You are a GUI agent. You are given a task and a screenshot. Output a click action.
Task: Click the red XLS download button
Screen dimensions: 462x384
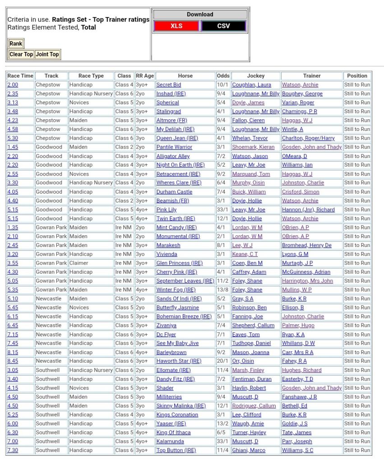coord(176,26)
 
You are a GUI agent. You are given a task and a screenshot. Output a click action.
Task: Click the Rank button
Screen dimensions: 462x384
coord(16,44)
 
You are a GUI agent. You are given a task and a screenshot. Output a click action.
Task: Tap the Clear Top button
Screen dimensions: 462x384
coord(21,54)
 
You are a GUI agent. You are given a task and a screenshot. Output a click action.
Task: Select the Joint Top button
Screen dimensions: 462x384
coord(47,54)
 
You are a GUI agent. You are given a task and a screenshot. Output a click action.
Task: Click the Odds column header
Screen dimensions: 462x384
coord(223,76)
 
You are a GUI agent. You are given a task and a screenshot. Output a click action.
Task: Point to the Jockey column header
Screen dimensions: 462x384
coord(256,76)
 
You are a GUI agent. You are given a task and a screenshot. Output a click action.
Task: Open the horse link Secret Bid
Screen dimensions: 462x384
coord(169,85)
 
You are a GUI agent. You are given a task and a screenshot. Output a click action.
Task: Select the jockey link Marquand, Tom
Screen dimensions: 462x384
coord(251,174)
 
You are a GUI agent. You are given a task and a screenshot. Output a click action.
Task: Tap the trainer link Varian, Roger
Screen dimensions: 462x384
coord(298,103)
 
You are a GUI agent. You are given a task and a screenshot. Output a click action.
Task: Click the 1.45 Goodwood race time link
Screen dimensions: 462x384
coord(13,147)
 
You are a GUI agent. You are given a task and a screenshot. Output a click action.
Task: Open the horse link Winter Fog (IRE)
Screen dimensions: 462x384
coord(176,290)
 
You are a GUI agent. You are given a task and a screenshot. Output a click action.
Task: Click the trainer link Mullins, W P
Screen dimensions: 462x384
coord(296,290)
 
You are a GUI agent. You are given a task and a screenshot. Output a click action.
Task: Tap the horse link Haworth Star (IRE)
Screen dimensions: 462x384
coord(179,361)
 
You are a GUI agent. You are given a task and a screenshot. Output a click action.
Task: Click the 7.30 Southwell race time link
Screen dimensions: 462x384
coord(13,450)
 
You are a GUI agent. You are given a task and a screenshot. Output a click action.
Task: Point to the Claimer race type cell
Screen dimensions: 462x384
coord(79,263)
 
